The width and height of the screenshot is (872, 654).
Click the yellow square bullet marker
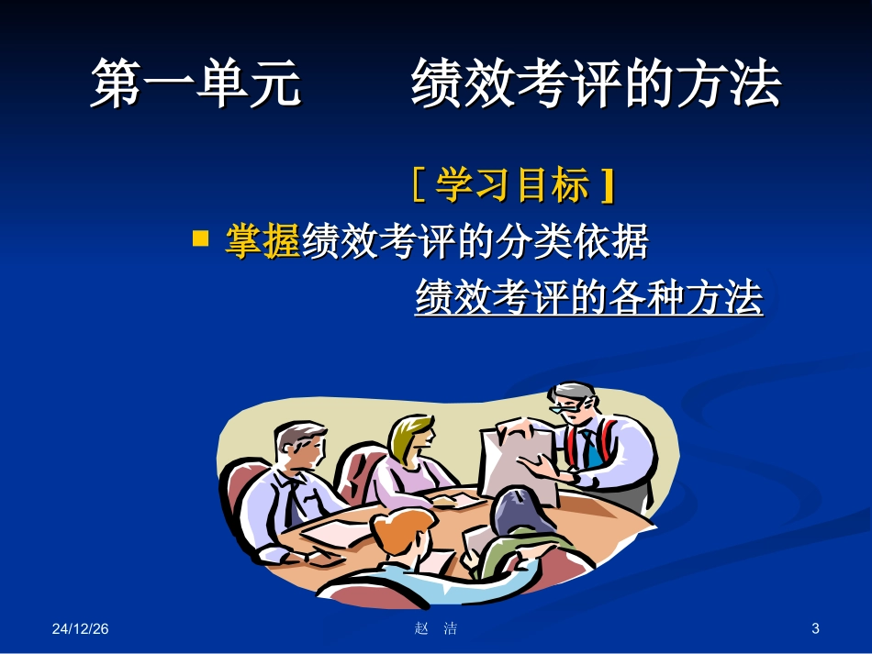[200, 240]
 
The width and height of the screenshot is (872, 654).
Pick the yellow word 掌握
[263, 242]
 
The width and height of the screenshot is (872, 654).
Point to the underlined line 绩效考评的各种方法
[588, 298]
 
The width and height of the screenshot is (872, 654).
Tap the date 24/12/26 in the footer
[80, 628]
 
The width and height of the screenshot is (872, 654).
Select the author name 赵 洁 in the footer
[436, 628]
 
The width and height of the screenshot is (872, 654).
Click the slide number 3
[816, 628]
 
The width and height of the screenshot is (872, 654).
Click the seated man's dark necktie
[292, 500]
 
